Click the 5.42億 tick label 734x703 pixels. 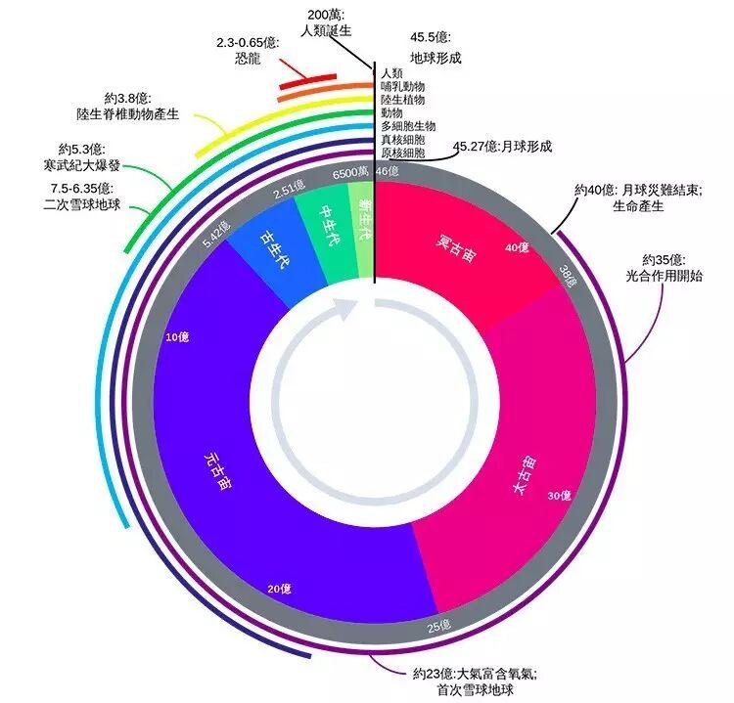click(x=216, y=235)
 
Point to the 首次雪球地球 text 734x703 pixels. click(x=473, y=688)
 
